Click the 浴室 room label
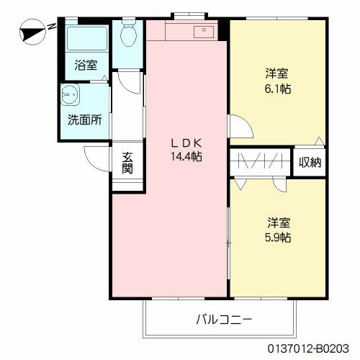[86, 66]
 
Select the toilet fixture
[128, 32]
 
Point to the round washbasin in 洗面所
[70, 94]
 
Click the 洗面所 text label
[85, 120]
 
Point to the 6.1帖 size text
[277, 89]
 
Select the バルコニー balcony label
[223, 319]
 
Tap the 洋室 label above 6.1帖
[277, 73]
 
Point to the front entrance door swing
[96, 156]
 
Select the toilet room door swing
[129, 79]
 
